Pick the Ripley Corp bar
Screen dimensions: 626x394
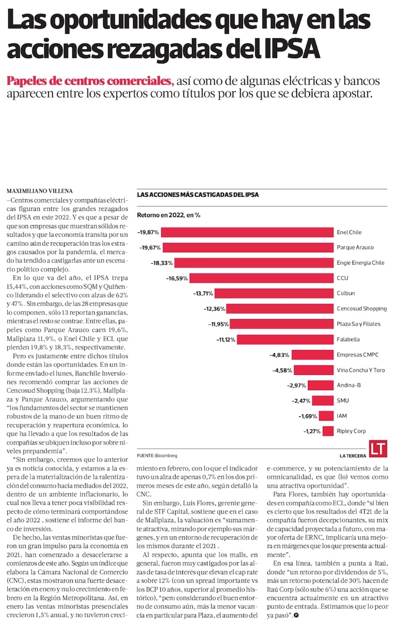tap(329, 431)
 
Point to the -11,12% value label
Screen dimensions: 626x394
tap(225, 339)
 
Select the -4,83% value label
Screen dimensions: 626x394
tap(279, 355)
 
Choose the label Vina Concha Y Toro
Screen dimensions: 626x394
tap(361, 370)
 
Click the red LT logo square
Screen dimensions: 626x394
tap(379, 449)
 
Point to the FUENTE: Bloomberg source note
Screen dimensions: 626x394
tap(157, 455)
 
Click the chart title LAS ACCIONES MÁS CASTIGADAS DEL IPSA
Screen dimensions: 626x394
tap(198, 195)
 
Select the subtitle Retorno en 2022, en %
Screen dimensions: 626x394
tap(169, 215)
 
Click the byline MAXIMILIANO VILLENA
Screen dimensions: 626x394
tap(40, 190)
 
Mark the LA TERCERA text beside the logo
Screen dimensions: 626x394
tap(352, 455)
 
